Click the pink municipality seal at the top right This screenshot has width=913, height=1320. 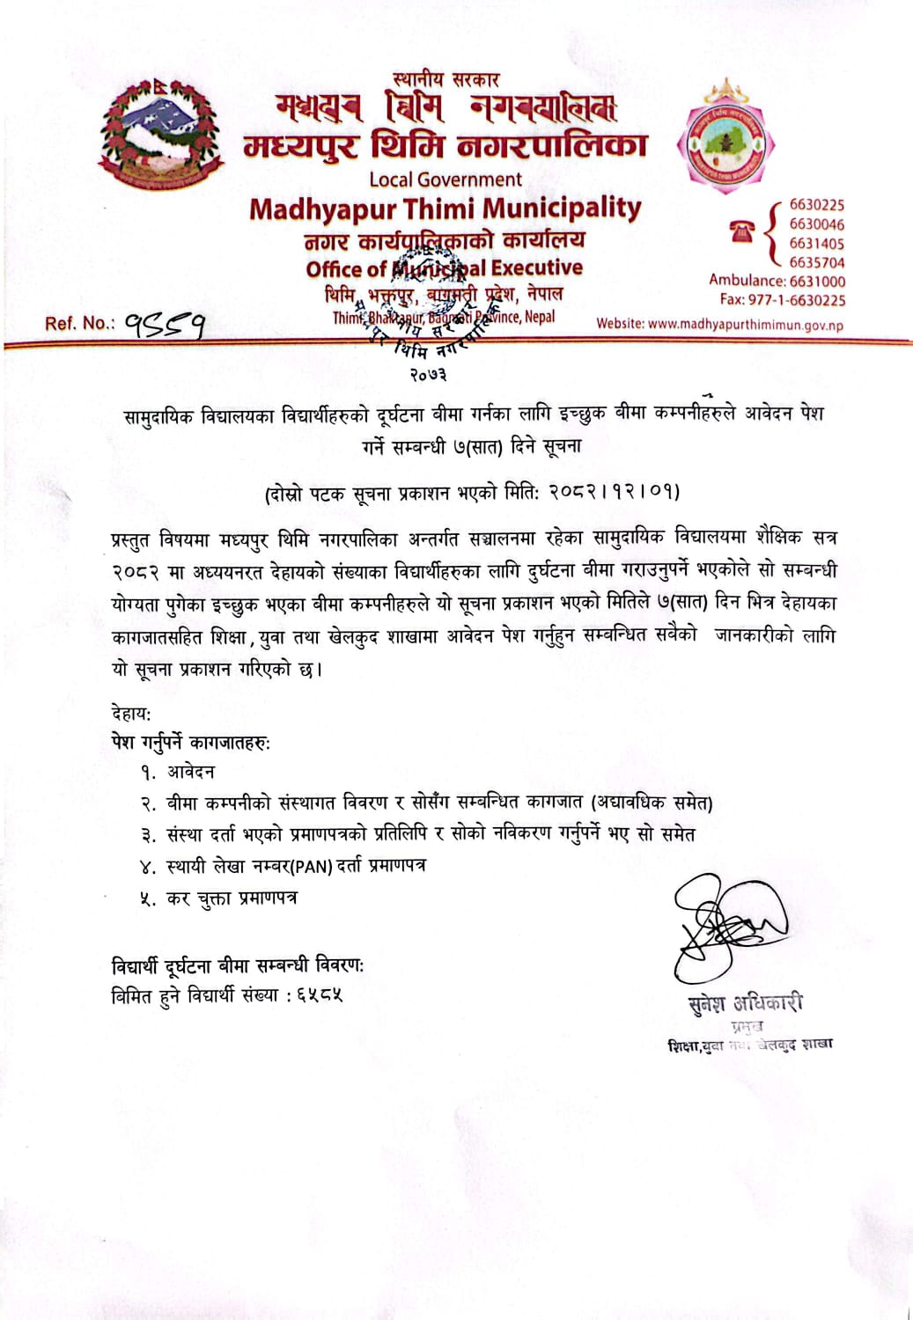[x=725, y=139]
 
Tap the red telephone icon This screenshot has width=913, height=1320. [x=742, y=231]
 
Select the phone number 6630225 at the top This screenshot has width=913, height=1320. [x=816, y=205]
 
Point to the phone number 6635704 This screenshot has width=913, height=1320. [x=816, y=262]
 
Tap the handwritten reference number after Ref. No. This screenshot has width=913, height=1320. [x=165, y=325]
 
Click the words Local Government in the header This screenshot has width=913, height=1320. [x=445, y=180]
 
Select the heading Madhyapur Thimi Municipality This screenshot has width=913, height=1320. [x=445, y=209]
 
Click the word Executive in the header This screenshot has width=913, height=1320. [x=537, y=268]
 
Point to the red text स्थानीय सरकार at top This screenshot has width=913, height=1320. [x=445, y=80]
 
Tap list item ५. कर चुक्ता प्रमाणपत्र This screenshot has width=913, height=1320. [x=219, y=898]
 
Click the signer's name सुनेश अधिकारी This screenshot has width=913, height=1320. [x=745, y=1003]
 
